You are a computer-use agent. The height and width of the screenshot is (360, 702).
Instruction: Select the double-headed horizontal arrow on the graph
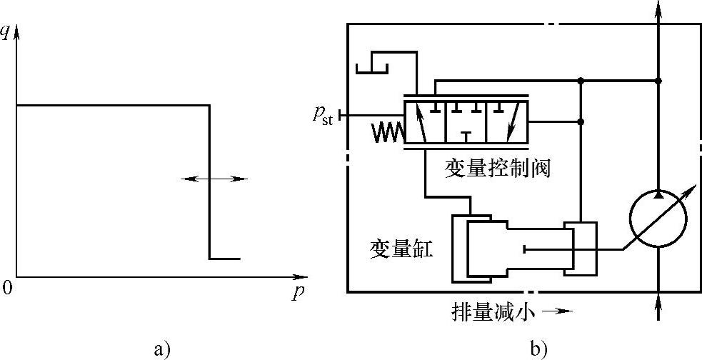[215, 179]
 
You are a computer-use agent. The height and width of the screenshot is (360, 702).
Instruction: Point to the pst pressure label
[323, 116]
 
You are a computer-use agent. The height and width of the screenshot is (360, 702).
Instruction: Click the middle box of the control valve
[466, 122]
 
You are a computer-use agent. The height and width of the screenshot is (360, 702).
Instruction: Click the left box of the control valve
[425, 122]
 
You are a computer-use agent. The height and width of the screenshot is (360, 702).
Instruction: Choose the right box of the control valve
[506, 122]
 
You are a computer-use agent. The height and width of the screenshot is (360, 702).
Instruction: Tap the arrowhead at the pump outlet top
[657, 9]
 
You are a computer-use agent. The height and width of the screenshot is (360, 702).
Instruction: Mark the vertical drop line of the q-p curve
[209, 182]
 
